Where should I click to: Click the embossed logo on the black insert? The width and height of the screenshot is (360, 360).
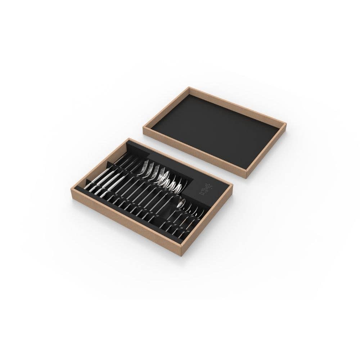[x=205, y=188]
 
